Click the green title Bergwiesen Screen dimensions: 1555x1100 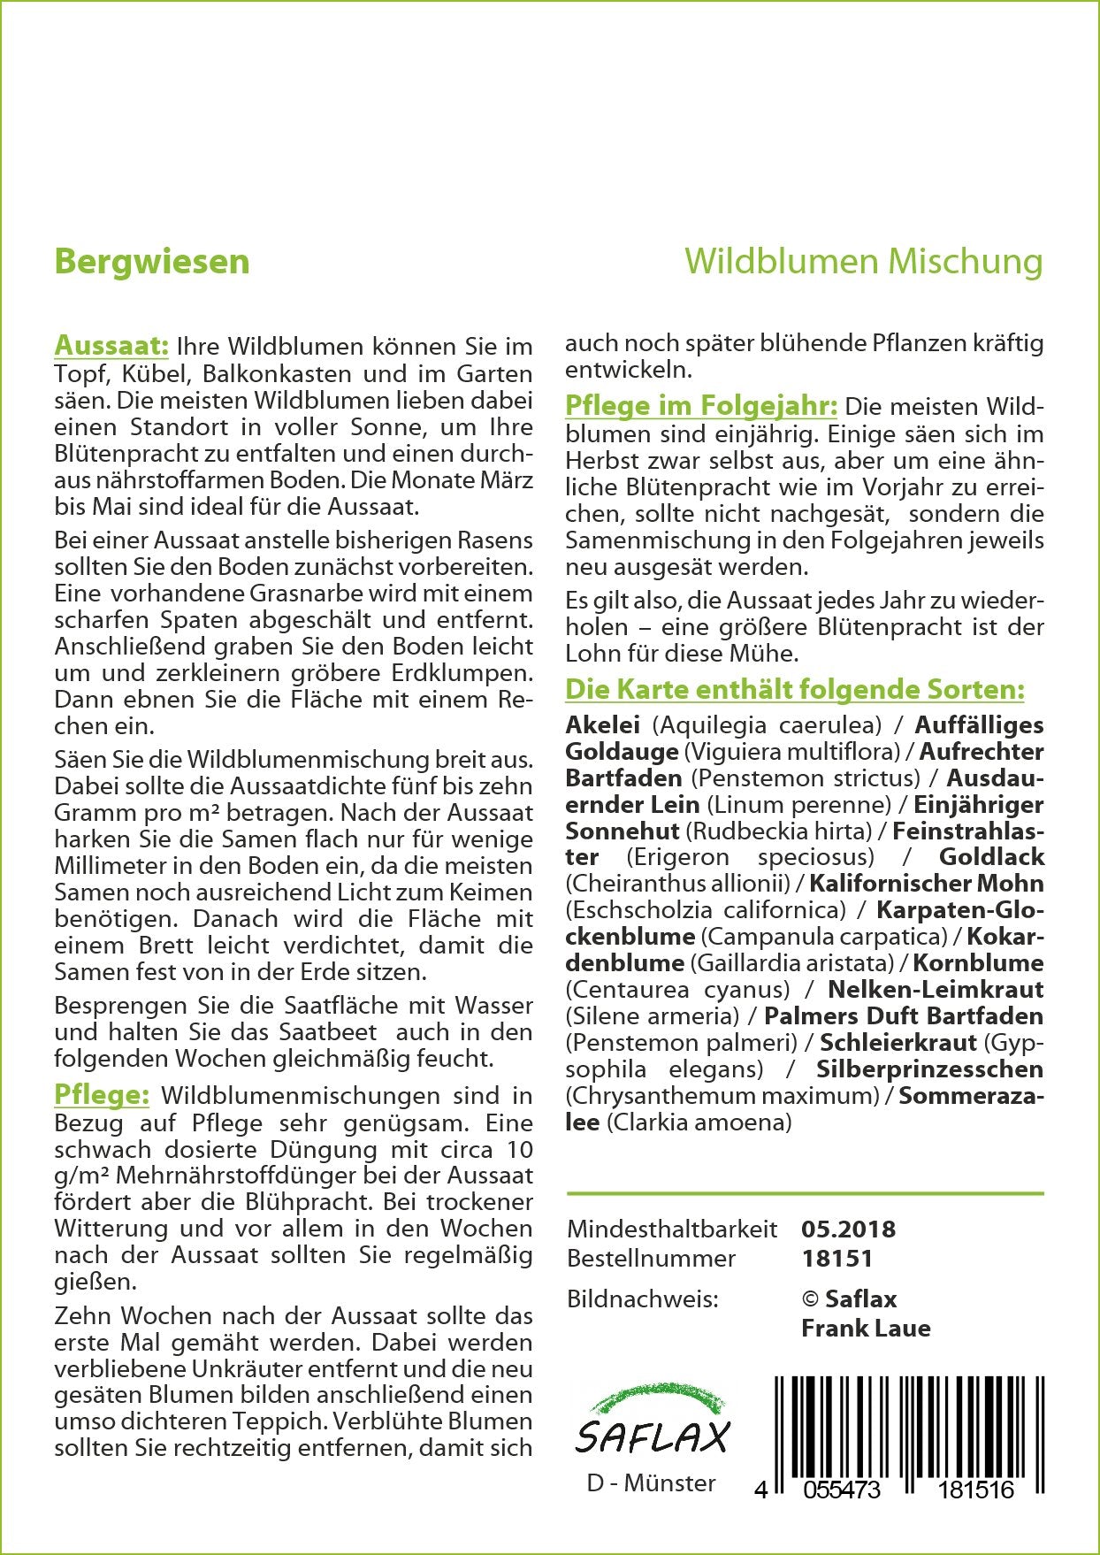pos(151,262)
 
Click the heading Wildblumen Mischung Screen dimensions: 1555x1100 pos(863,262)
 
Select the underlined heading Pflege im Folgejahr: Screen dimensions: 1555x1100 pos(700,406)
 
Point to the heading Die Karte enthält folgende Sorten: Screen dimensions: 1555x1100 pos(795,689)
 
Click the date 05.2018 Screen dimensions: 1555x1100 pos(848,1229)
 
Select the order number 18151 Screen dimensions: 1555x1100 pos(836,1258)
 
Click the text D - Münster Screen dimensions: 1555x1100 pos(651,1482)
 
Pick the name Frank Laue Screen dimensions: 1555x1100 pos(866,1328)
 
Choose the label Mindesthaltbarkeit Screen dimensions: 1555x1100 pos(672,1229)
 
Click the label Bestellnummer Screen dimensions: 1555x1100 pos(651,1258)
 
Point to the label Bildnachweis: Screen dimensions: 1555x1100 pos(643,1298)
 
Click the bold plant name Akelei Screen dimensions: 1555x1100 pos(602,724)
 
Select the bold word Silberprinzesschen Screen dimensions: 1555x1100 pos(929,1069)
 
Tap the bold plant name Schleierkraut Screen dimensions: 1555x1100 pos(898,1042)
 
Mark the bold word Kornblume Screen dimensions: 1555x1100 pos(978,962)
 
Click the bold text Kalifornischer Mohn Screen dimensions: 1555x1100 pos(926,883)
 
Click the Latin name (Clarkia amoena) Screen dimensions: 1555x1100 pos(699,1122)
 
